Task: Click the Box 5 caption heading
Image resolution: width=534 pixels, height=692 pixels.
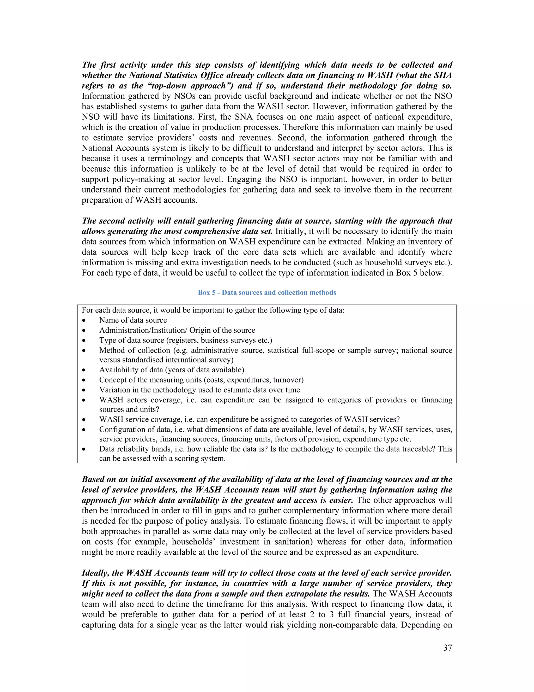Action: click(267, 292)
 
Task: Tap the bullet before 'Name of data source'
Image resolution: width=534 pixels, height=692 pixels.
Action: click(84, 321)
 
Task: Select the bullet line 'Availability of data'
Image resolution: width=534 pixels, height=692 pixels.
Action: click(172, 370)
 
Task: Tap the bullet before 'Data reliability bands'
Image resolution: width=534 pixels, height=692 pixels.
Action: click(84, 449)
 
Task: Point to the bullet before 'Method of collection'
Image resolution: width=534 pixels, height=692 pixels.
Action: click(84, 351)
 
